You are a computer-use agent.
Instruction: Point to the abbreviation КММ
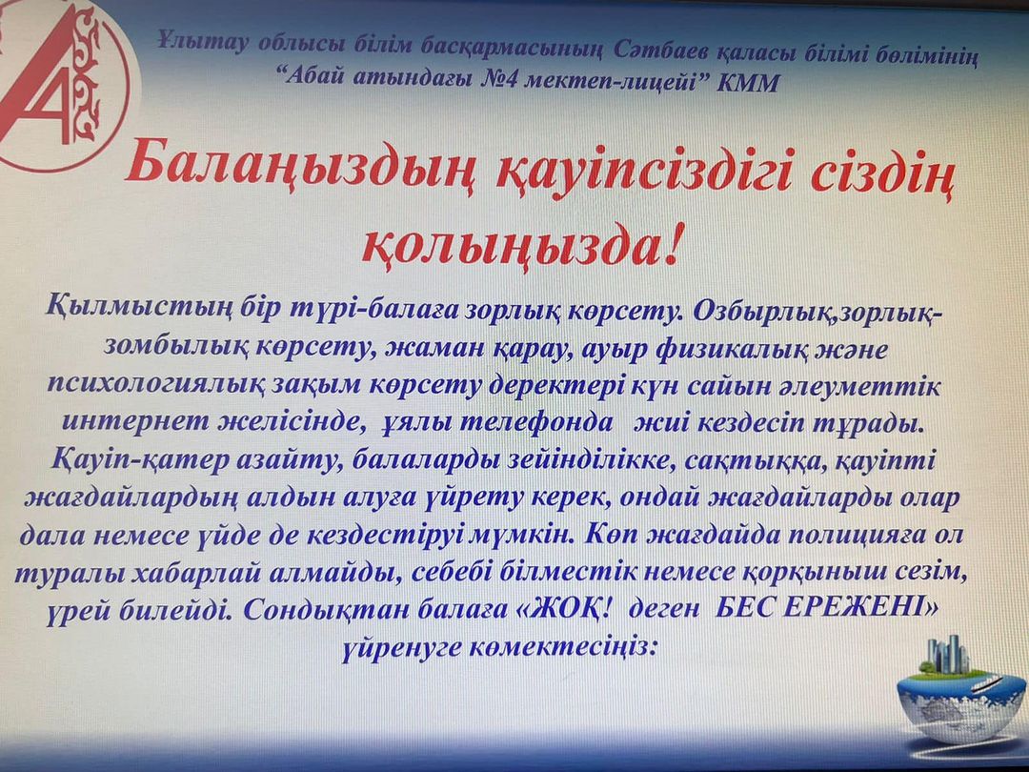click(748, 83)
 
